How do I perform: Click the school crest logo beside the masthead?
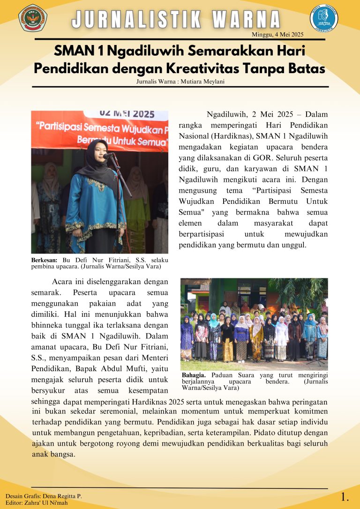32,17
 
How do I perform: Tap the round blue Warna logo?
324,19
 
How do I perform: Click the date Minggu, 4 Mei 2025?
278,34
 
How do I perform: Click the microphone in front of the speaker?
108,155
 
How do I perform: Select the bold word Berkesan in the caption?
44,260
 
